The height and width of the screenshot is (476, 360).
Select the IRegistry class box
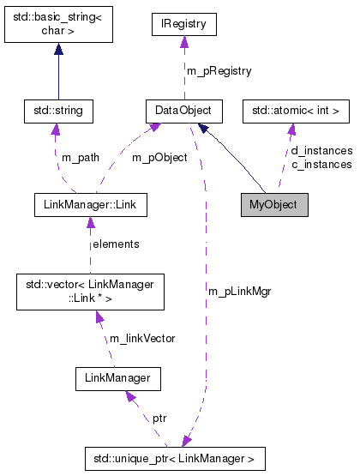point(183,24)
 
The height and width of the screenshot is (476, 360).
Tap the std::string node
point(57,111)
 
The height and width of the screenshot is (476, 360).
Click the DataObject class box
point(183,111)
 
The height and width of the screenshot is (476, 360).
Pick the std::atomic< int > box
point(297,111)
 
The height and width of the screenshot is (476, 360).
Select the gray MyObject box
point(273,205)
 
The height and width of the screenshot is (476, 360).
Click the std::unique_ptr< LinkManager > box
point(175,459)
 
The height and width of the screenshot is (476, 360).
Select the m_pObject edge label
point(159,158)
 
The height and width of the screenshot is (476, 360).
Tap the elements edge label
point(116,244)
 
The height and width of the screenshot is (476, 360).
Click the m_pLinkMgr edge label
point(239,292)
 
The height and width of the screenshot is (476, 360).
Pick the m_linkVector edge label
point(141,338)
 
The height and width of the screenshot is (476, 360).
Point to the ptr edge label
point(159,419)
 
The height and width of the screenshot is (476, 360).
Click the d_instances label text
point(321,151)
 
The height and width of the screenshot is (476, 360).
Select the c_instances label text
point(321,164)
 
